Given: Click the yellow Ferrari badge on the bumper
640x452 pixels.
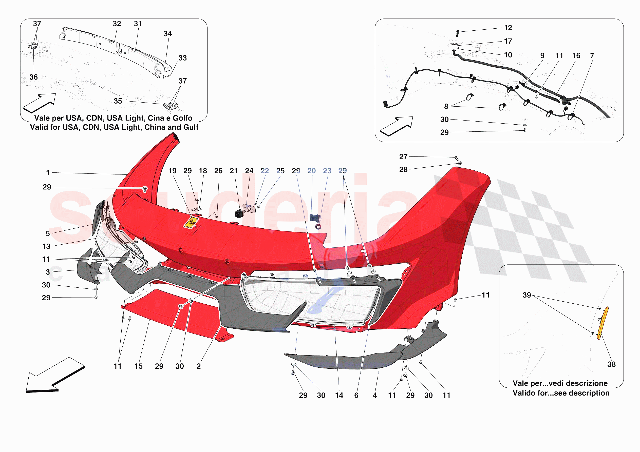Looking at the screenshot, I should [x=191, y=223].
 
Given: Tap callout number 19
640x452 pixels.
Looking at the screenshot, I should [x=172, y=171].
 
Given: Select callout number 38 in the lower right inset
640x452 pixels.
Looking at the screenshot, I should [x=611, y=364].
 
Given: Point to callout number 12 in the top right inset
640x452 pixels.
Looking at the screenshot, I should [x=508, y=28].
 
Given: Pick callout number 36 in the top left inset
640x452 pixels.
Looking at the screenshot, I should [x=33, y=77].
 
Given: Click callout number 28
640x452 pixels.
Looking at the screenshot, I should [x=403, y=169].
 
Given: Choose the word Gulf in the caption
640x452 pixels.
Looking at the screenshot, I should [x=190, y=127].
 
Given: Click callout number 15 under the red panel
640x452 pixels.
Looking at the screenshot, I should [x=139, y=366].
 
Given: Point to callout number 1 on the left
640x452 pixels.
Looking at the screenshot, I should [x=48, y=173].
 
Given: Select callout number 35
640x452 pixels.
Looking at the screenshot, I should [x=118, y=101].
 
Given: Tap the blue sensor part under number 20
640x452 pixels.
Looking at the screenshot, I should [x=314, y=217].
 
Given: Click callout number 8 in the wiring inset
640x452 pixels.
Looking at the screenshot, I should [x=446, y=106].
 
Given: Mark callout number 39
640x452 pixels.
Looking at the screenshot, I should [x=526, y=295].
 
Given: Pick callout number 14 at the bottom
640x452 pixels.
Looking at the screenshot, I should [x=339, y=395].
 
